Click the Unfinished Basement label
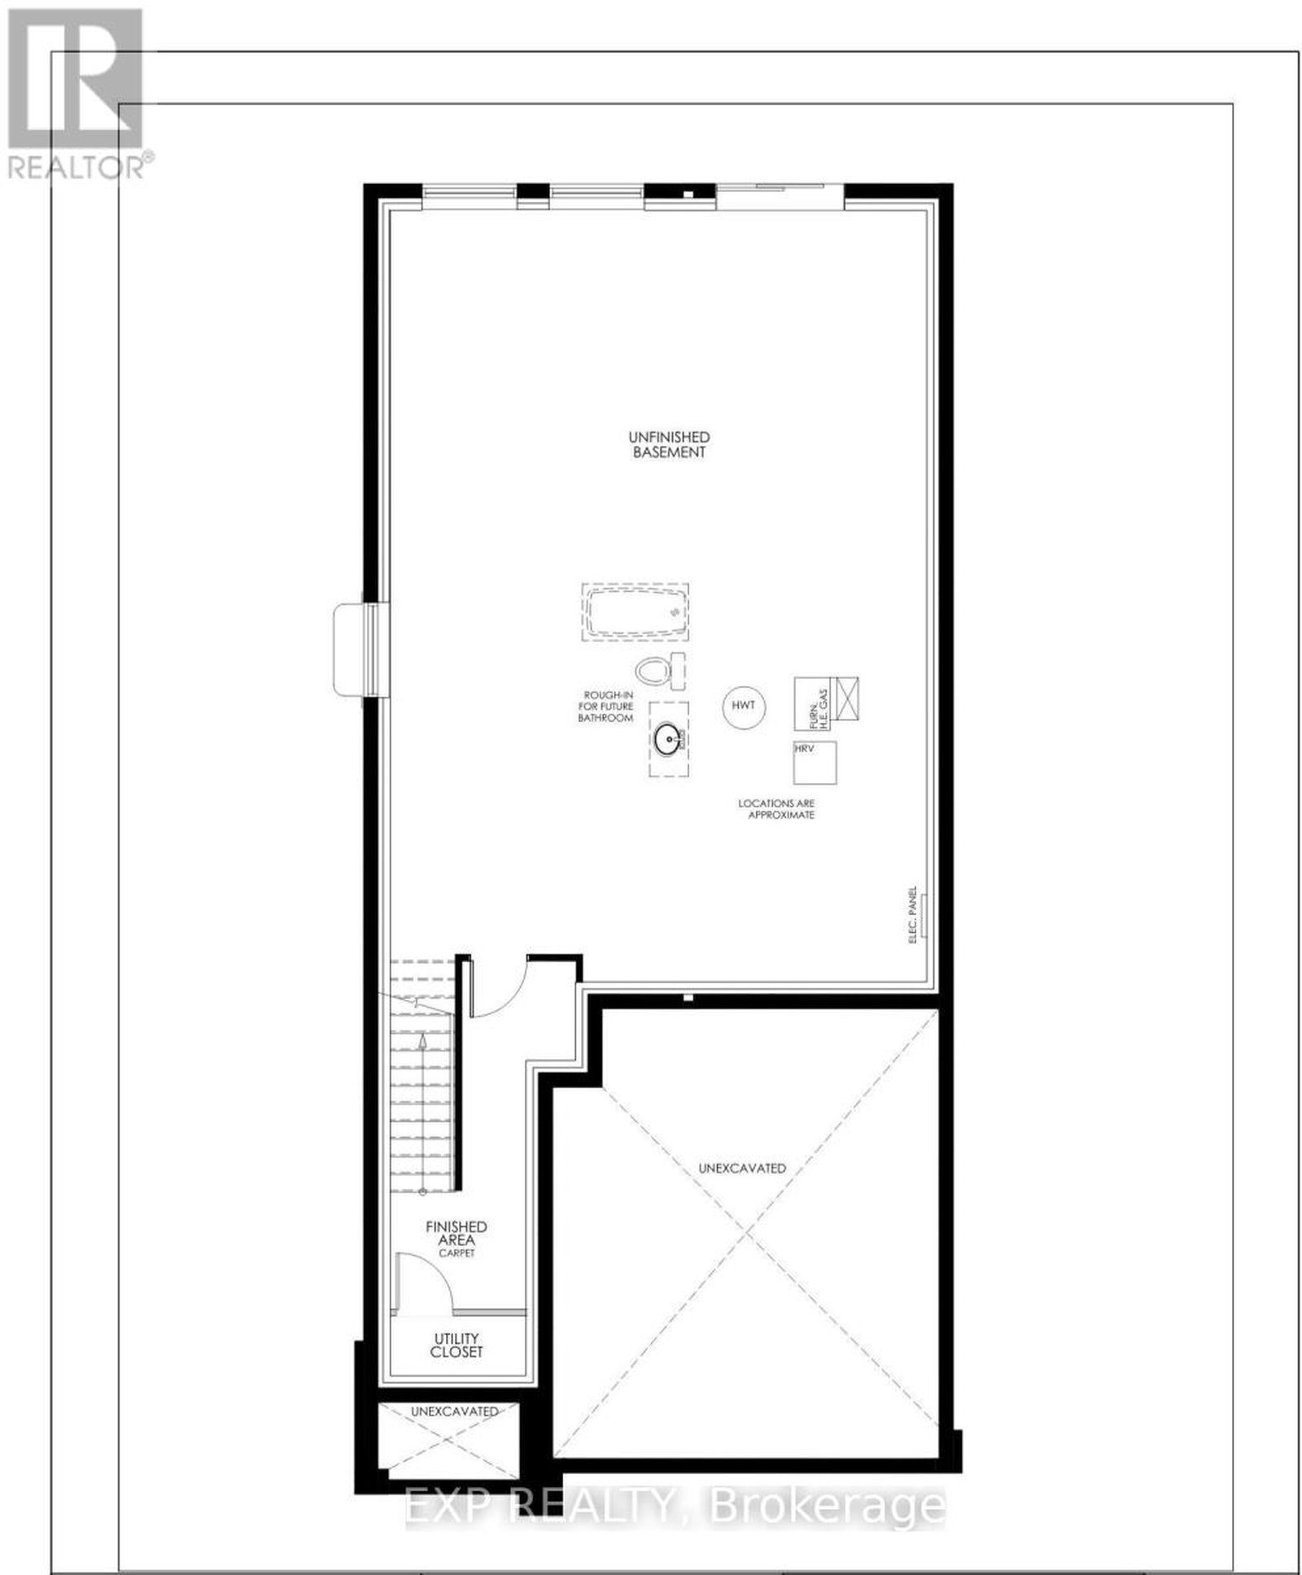coord(669,445)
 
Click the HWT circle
coord(743,705)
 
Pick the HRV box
coord(815,763)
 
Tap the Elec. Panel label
coord(913,916)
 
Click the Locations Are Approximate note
coord(776,809)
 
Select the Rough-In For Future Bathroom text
coord(606,707)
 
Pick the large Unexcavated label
coord(742,1168)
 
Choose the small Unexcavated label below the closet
coord(454,1411)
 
